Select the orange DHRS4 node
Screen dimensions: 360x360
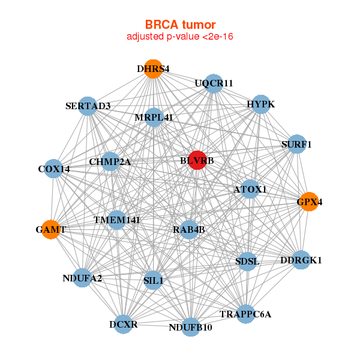tap(154, 68)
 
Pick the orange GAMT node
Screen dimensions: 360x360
tap(51, 229)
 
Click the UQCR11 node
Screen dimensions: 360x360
tap(214, 83)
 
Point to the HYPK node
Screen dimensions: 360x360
tap(260, 104)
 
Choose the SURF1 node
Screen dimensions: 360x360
tap(296, 144)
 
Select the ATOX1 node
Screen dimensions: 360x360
tap(250, 190)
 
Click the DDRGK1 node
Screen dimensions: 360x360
tap(301, 260)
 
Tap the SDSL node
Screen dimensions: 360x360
tap(247, 261)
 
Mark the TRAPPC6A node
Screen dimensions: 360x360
tap(245, 314)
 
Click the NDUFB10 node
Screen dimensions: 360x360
tap(190, 327)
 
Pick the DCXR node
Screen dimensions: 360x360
tap(123, 325)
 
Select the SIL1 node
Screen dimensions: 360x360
tap(154, 280)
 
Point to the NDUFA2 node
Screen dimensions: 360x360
tap(82, 278)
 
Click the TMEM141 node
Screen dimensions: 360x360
tap(116, 220)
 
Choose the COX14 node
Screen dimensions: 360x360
tap(54, 169)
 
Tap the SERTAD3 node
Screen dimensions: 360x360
tap(88, 106)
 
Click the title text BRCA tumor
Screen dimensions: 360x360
tap(179, 25)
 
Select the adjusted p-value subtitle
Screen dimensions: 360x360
tap(179, 37)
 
